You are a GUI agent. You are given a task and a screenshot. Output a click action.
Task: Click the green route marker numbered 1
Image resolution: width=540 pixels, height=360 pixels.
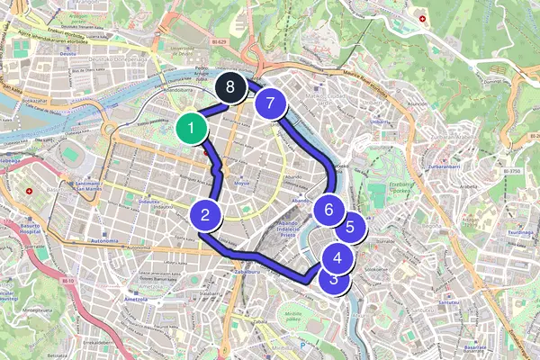pos(191,130)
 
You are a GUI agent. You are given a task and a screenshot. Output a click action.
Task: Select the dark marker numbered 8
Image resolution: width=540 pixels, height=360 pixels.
pos(231,88)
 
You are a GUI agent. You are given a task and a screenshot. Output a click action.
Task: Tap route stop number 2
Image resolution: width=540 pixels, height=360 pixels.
pos(206,215)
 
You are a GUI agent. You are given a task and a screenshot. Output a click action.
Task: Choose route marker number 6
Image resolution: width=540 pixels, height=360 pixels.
pos(329,211)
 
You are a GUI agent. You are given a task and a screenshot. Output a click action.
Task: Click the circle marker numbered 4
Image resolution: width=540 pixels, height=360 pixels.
pos(337,258)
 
